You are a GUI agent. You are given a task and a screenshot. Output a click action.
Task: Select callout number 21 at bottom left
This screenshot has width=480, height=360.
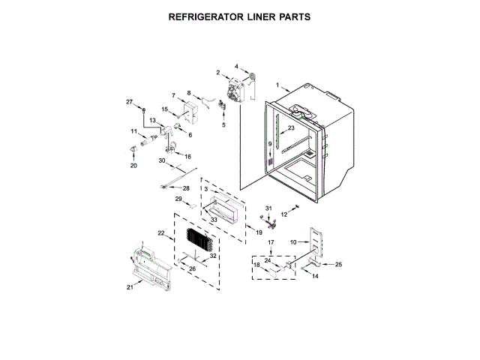click(129, 287)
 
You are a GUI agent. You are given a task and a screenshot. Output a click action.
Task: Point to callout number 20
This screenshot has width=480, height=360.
click(134, 166)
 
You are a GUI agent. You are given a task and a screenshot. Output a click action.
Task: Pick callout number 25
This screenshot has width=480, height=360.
click(338, 265)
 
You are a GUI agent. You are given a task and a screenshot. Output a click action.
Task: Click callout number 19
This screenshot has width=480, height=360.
click(259, 233)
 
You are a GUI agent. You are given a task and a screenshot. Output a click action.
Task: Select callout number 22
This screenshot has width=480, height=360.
click(161, 233)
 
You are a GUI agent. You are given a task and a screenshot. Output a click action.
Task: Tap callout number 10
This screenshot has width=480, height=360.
click(293, 241)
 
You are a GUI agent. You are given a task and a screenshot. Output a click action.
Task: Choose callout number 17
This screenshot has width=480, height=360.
click(271, 242)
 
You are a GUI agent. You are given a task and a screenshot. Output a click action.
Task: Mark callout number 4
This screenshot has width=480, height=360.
click(236, 67)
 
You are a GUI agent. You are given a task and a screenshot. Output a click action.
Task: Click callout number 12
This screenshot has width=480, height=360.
click(284, 214)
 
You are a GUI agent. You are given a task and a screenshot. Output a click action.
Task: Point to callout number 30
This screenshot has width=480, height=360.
click(161, 160)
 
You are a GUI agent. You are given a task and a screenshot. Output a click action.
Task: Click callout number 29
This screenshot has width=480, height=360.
click(179, 199)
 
